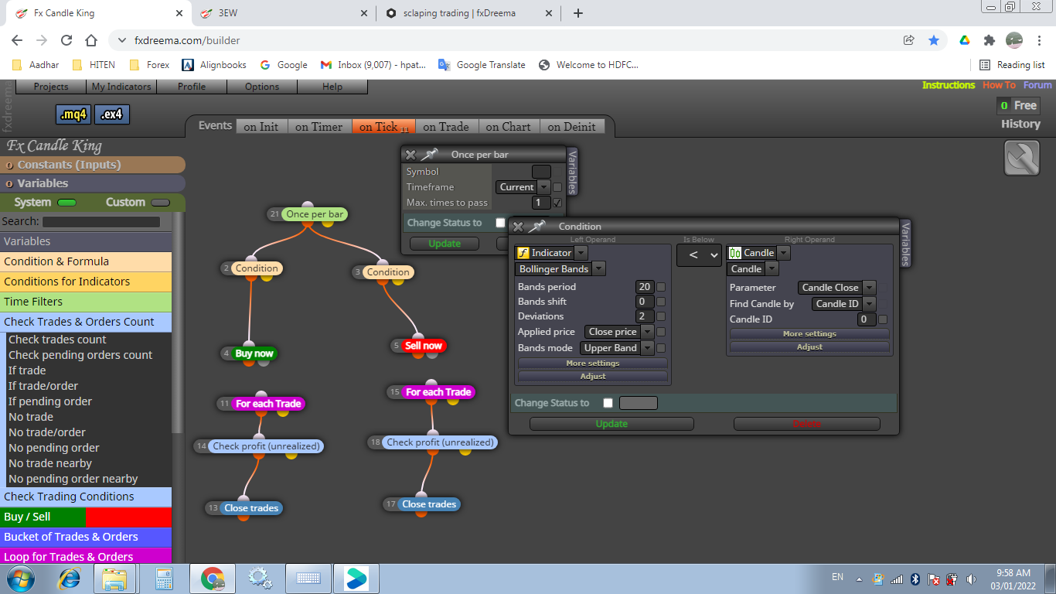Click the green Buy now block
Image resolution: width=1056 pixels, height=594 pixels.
pyautogui.click(x=254, y=353)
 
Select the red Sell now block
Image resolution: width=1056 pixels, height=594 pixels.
pyautogui.click(x=424, y=346)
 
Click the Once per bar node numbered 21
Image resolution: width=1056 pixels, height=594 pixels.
pyautogui.click(x=315, y=214)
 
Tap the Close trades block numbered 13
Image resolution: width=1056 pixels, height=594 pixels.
pyautogui.click(x=251, y=508)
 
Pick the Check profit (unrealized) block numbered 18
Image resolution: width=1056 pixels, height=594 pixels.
pyautogui.click(x=441, y=442)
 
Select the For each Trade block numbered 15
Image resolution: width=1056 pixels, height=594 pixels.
pyautogui.click(x=438, y=392)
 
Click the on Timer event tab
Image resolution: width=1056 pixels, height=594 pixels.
pyautogui.click(x=319, y=126)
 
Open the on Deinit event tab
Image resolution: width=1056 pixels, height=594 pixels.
pyautogui.click(x=571, y=126)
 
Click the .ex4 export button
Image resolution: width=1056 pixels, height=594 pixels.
pyautogui.click(x=112, y=114)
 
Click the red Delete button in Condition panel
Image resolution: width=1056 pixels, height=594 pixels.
pyautogui.click(x=806, y=424)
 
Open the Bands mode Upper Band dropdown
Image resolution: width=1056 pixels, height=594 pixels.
pyautogui.click(x=616, y=348)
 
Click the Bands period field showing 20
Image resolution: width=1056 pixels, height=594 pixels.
pyautogui.click(x=644, y=287)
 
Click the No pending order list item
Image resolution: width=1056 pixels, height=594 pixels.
pyautogui.click(x=54, y=448)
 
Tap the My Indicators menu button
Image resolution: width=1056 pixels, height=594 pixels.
pyautogui.click(x=121, y=87)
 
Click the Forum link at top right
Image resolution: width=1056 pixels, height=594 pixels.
pyautogui.click(x=1037, y=85)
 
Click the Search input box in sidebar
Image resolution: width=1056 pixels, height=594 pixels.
pyautogui.click(x=101, y=222)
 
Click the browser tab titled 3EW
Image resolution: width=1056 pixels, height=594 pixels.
pyautogui.click(x=283, y=13)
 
